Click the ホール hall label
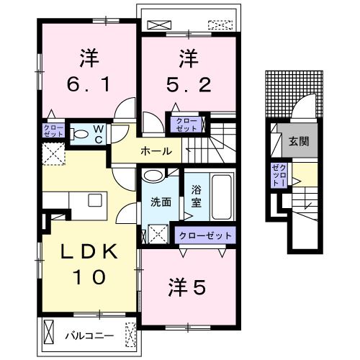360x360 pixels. point(156,151)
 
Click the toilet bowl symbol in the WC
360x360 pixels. point(80,132)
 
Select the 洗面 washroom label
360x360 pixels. point(161,202)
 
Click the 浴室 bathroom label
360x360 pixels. point(197,197)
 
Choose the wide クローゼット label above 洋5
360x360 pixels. point(206,236)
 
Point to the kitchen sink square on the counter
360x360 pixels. point(94,200)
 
